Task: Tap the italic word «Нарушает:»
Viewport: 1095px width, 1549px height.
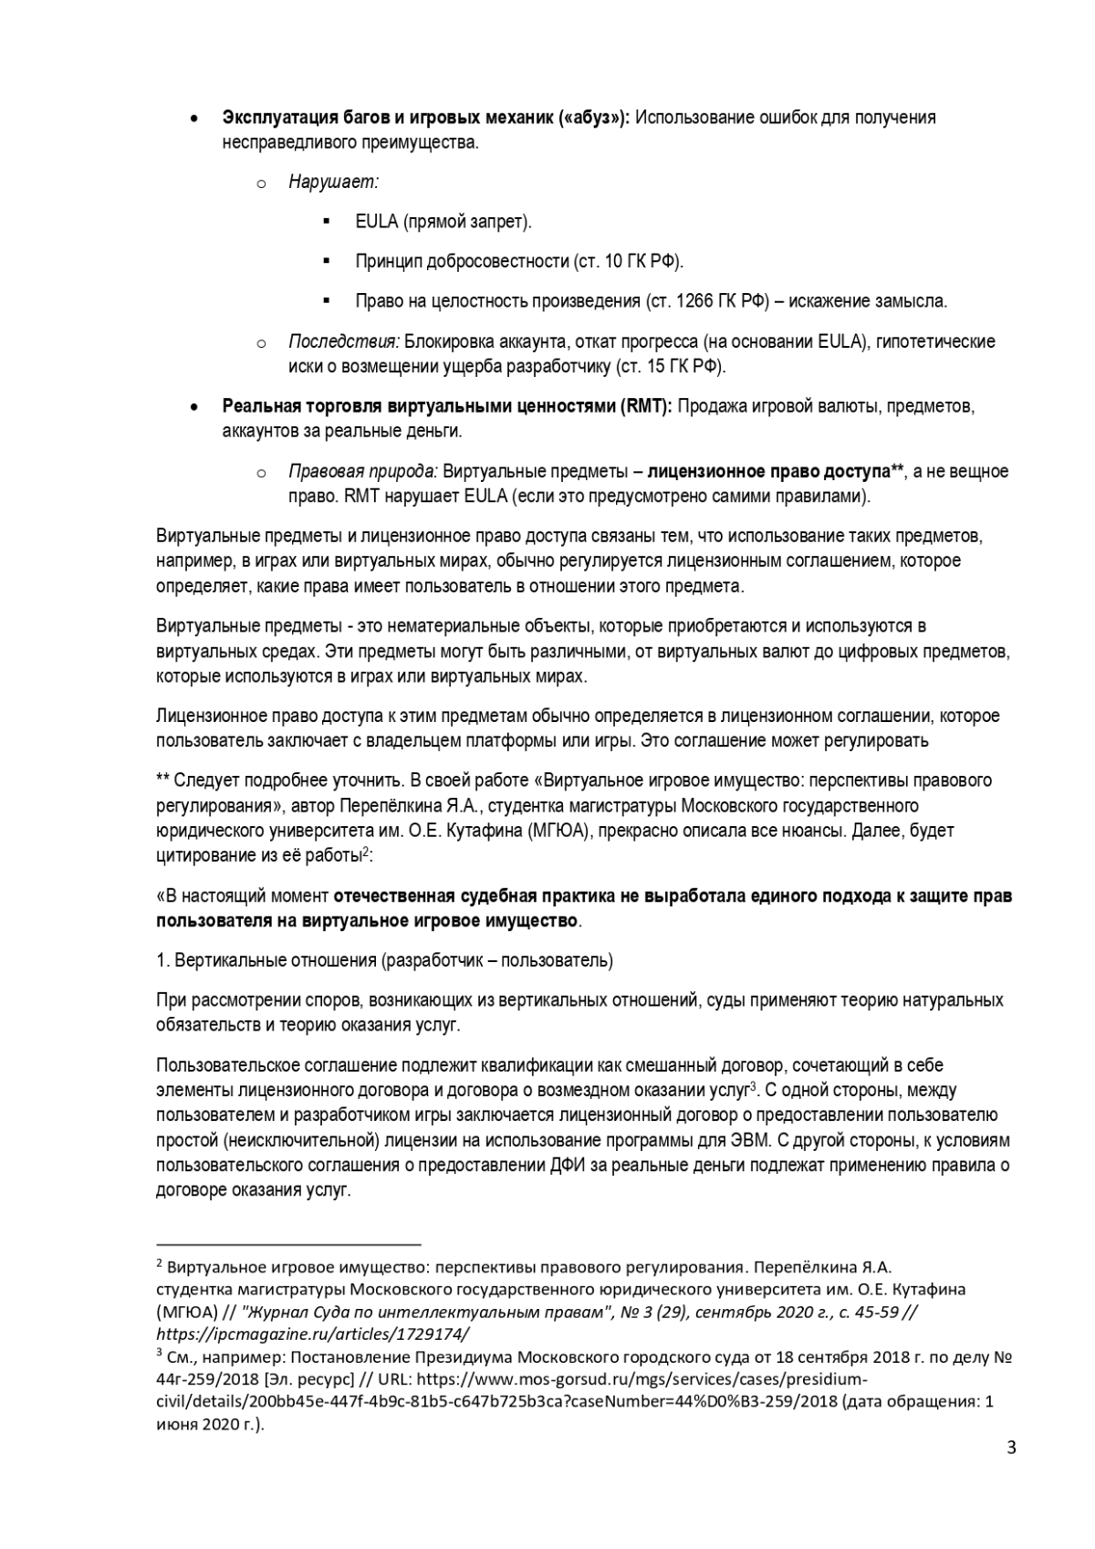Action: pos(333,182)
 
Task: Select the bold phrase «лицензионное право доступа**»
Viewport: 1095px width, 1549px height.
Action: pos(775,472)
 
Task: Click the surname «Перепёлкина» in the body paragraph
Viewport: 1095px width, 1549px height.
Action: pos(381,806)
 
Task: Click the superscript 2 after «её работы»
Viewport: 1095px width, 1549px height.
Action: pos(365,852)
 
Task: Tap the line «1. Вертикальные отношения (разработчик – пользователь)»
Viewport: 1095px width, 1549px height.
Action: pos(384,960)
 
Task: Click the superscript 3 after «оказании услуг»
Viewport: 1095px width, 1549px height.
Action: pos(754,1086)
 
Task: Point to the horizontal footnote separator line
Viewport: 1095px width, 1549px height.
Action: pos(288,1244)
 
